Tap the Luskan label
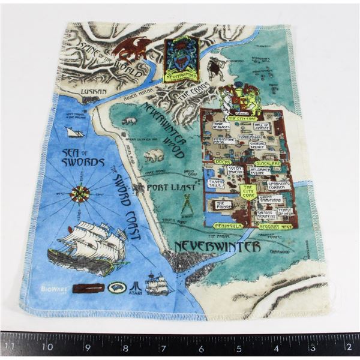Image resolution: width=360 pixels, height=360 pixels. click(94, 92)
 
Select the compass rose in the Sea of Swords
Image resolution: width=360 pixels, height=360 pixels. click(80, 193)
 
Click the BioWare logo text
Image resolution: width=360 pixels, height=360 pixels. click(50, 288)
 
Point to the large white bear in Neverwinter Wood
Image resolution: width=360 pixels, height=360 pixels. click(154, 156)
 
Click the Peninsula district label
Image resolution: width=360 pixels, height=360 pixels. click(224, 226)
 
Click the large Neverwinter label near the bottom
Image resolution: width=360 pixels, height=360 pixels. click(217, 247)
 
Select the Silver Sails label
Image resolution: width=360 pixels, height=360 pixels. click(215, 183)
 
